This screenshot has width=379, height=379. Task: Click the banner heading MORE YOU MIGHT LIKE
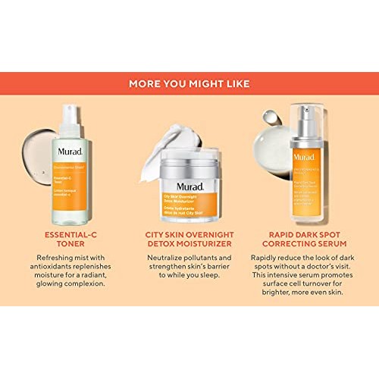(189, 83)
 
